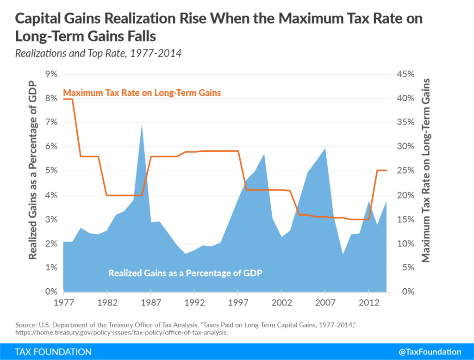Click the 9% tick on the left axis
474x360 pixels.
50,74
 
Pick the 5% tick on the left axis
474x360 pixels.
50,171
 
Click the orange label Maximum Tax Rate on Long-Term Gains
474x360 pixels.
142,93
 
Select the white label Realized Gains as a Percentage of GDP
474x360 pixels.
185,273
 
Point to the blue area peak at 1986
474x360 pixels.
142,124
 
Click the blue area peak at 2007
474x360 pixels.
325,149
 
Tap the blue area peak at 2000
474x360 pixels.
264,154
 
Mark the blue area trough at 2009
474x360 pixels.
343,254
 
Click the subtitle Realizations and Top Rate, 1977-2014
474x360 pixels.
98,53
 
